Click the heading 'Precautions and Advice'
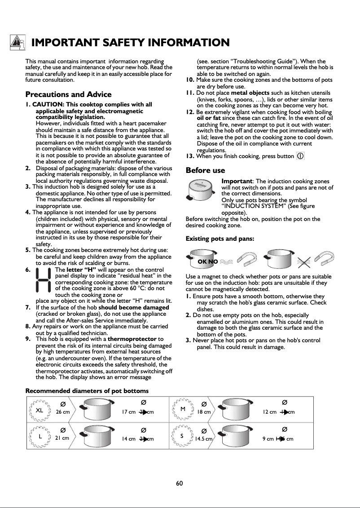tap(68, 94)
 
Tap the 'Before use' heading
tap(205, 171)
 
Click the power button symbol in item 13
tap(300, 156)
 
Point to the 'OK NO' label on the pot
tap(208, 261)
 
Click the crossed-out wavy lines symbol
tap(306, 261)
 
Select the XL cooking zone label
tap(40, 410)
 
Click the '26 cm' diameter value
tap(63, 412)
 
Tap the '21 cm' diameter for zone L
tap(62, 437)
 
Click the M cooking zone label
tap(183, 409)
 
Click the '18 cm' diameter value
tap(204, 412)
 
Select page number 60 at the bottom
tap(180, 483)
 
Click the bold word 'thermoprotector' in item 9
tap(133, 339)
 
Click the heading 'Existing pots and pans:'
tap(220, 239)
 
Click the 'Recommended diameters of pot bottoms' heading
tap(87, 391)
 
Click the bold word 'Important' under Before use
tap(237, 181)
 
